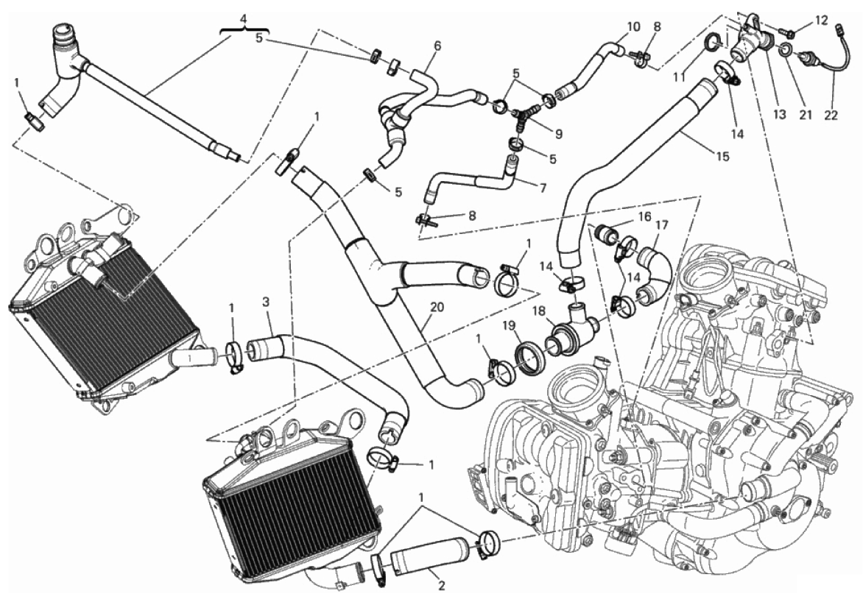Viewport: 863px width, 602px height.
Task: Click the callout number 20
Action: pos(437,308)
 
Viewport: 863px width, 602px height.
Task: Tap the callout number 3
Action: pos(266,302)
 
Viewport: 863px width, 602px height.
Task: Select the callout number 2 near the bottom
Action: pos(440,587)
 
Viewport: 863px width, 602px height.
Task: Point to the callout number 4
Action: pos(244,19)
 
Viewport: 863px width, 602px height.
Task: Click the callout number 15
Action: pos(722,157)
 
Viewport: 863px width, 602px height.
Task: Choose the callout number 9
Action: pos(559,133)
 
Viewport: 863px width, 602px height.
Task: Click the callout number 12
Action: pos(821,21)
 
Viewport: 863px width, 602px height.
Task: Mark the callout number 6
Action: pos(437,46)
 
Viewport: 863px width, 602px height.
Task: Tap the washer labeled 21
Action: pos(787,52)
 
